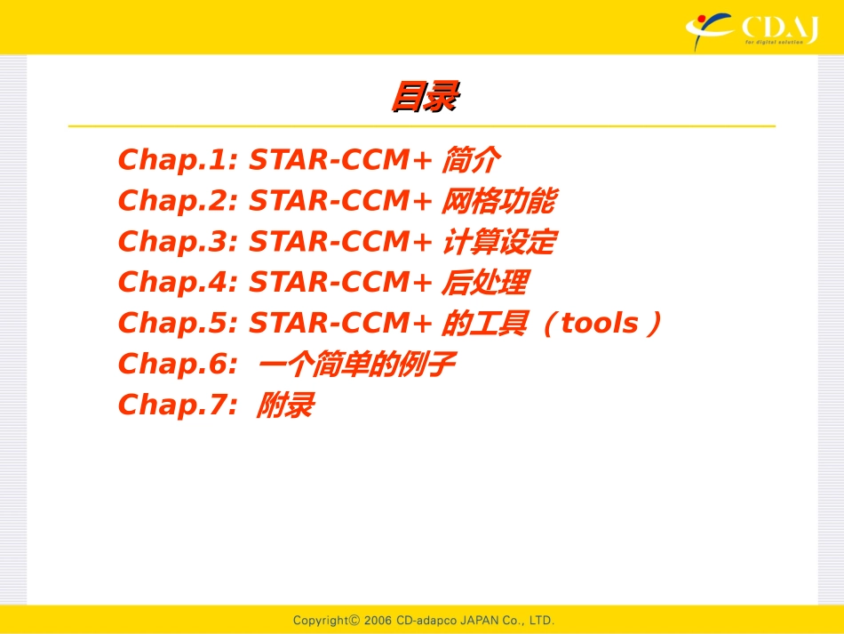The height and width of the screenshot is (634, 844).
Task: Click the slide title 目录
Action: [424, 97]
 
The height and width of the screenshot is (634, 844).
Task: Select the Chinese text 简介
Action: [470, 161]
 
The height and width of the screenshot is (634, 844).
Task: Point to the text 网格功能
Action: [498, 202]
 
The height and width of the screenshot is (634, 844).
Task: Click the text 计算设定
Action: [498, 243]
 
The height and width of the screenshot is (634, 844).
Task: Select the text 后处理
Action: [484, 284]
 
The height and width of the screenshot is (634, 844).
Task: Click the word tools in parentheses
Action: [600, 325]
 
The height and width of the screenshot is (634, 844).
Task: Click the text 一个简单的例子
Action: [362, 365]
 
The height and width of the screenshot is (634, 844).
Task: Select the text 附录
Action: [285, 406]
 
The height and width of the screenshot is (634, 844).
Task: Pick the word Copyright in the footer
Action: [321, 620]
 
